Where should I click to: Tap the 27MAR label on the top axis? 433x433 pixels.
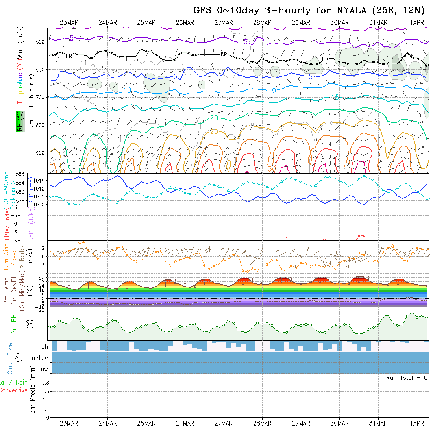tap(224, 22)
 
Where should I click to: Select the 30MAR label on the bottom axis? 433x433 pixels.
tap(339, 423)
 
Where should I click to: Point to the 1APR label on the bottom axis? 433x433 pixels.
tap(417, 423)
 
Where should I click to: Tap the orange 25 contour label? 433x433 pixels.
tap(214, 132)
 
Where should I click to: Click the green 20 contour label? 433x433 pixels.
tap(214, 118)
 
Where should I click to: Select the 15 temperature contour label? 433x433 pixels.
tap(335, 97)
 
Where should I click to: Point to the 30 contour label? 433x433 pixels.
tap(271, 168)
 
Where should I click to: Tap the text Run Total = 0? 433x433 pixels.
tap(407, 378)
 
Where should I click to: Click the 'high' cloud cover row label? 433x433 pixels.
tap(42, 347)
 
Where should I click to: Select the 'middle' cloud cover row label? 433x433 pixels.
tap(39, 358)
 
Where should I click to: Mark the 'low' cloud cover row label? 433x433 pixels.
tap(43, 369)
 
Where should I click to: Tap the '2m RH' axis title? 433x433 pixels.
tap(14, 324)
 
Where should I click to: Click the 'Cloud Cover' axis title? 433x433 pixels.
tap(10, 357)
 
